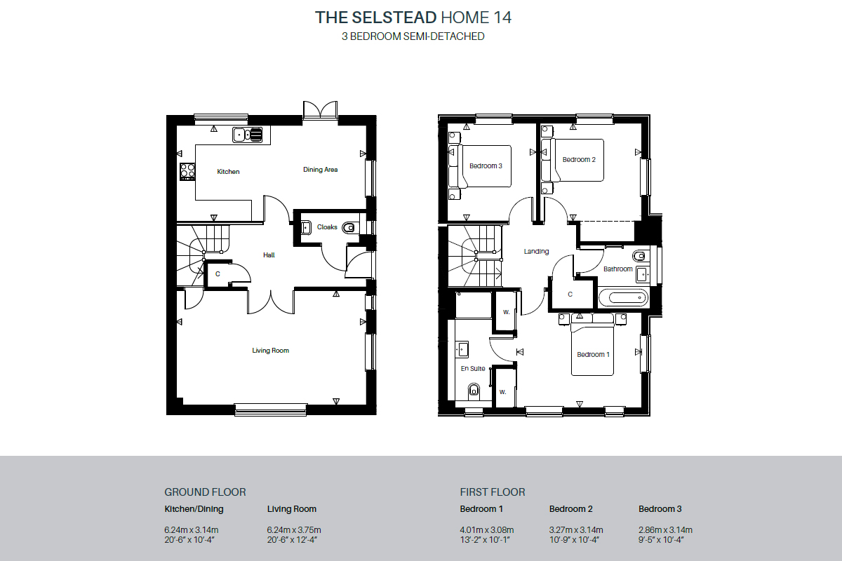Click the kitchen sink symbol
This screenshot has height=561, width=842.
247,135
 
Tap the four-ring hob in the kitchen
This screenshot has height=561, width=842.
187,171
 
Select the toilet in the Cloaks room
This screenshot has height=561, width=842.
348,227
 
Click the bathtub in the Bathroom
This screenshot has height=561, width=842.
623,298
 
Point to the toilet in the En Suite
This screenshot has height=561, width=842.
474,391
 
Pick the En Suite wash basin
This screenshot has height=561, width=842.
462,349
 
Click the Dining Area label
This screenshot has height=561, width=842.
320,170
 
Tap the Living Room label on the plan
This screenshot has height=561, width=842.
271,351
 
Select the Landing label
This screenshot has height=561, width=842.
536,251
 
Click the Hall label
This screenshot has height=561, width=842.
269,255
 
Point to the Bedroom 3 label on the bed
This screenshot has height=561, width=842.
486,166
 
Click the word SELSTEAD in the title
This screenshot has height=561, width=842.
394,18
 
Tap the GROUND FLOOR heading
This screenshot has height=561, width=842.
205,492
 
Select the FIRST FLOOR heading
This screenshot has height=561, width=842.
493,492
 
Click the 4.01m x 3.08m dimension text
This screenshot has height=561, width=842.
487,530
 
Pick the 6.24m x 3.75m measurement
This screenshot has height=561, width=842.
294,530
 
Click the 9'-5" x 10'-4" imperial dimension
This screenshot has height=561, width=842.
661,540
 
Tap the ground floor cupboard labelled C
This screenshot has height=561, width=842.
218,274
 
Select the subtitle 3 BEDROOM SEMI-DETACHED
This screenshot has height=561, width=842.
413,36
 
